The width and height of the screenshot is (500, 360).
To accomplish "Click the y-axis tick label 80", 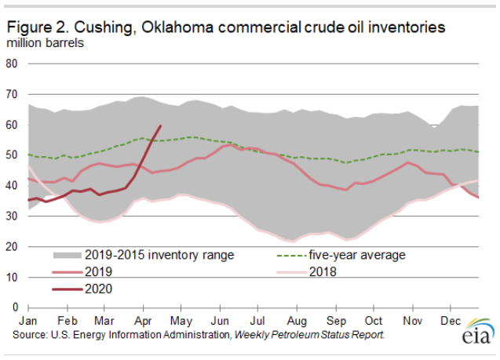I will point(13,64).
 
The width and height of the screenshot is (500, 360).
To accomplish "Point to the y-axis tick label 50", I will point(13,155).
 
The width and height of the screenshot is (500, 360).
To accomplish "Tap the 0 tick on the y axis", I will point(16,307).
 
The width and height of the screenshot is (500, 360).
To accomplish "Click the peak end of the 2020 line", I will point(161,125).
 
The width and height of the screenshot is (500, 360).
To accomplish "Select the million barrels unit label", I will point(46,42).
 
